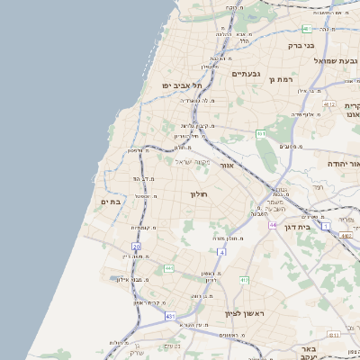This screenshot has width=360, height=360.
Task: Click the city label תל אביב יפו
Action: click(179, 85)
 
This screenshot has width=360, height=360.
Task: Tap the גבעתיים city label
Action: click(246, 74)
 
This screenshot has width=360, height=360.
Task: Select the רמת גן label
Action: click(283, 79)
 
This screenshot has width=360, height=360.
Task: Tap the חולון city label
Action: click(199, 193)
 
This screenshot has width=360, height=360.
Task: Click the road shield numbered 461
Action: click(261, 134)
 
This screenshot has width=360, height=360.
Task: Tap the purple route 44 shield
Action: click(272, 224)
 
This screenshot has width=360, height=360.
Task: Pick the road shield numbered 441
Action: click(168, 268)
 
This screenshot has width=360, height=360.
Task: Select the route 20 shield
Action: click(136, 246)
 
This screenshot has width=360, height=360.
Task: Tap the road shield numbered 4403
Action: click(346, 236)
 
